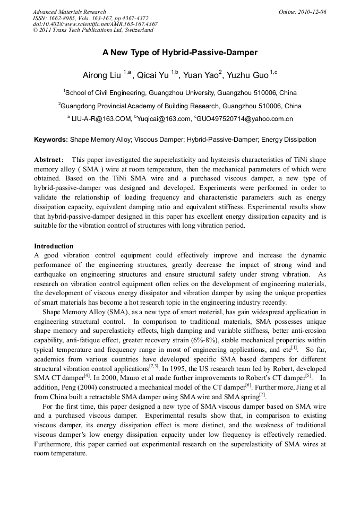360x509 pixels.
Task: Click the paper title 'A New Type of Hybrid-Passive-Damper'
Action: point(180,53)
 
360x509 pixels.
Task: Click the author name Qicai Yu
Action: point(155,75)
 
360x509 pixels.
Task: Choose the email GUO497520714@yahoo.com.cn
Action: point(245,119)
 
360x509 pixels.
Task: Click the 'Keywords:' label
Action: point(51,140)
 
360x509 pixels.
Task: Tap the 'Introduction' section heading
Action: point(54,246)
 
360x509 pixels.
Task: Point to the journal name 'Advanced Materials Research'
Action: point(69,12)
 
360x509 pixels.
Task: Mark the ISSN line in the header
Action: point(90,18)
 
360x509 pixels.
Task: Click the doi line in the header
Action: point(95,24)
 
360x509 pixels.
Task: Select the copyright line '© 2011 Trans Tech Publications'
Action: point(92,30)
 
